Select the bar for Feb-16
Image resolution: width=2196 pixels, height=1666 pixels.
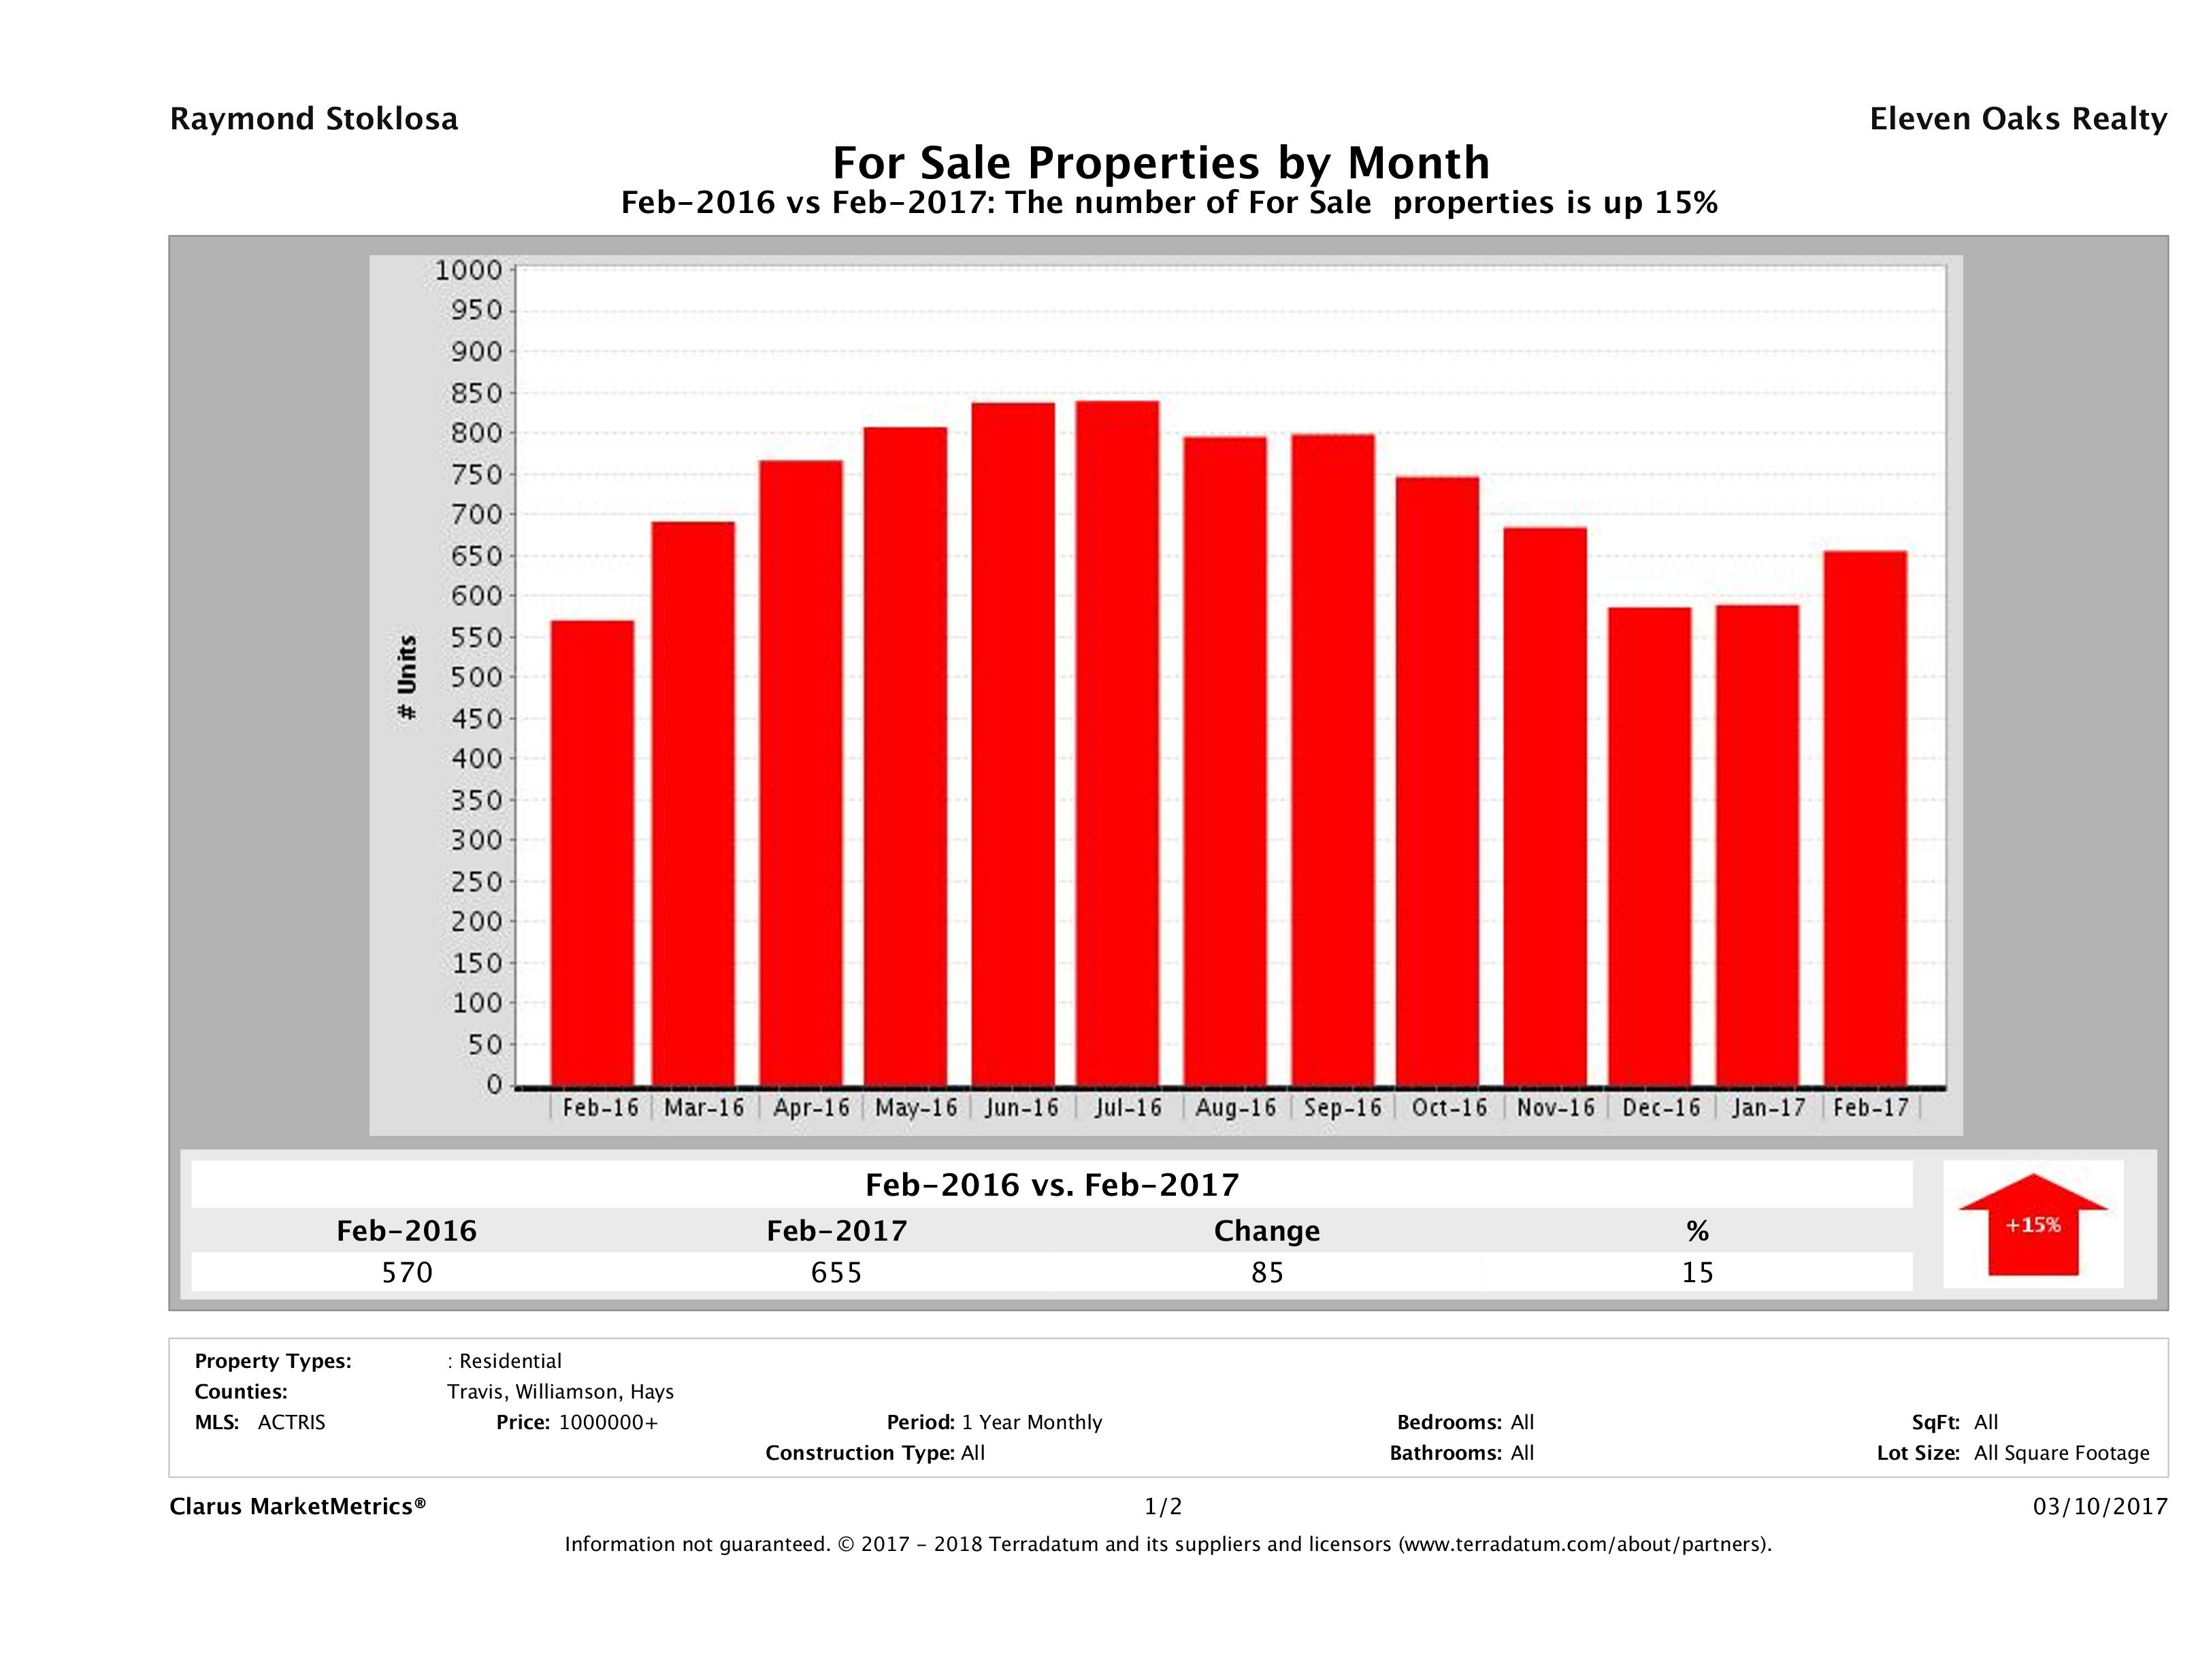[593, 854]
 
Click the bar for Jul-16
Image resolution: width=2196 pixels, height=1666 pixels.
[1117, 744]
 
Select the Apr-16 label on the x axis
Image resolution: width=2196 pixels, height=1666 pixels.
[811, 1108]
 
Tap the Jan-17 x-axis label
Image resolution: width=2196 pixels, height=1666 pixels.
[1768, 1108]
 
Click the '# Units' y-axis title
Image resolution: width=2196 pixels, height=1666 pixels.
[407, 678]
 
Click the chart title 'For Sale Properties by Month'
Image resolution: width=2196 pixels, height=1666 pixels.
[1160, 162]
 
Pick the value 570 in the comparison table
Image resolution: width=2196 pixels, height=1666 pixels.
[407, 1272]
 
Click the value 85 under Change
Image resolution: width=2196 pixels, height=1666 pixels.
[1267, 1272]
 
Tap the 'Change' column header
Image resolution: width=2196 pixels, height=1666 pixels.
[1267, 1231]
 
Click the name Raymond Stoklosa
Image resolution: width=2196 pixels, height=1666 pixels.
[314, 119]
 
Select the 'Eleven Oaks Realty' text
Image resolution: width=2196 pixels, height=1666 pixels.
[2017, 119]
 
